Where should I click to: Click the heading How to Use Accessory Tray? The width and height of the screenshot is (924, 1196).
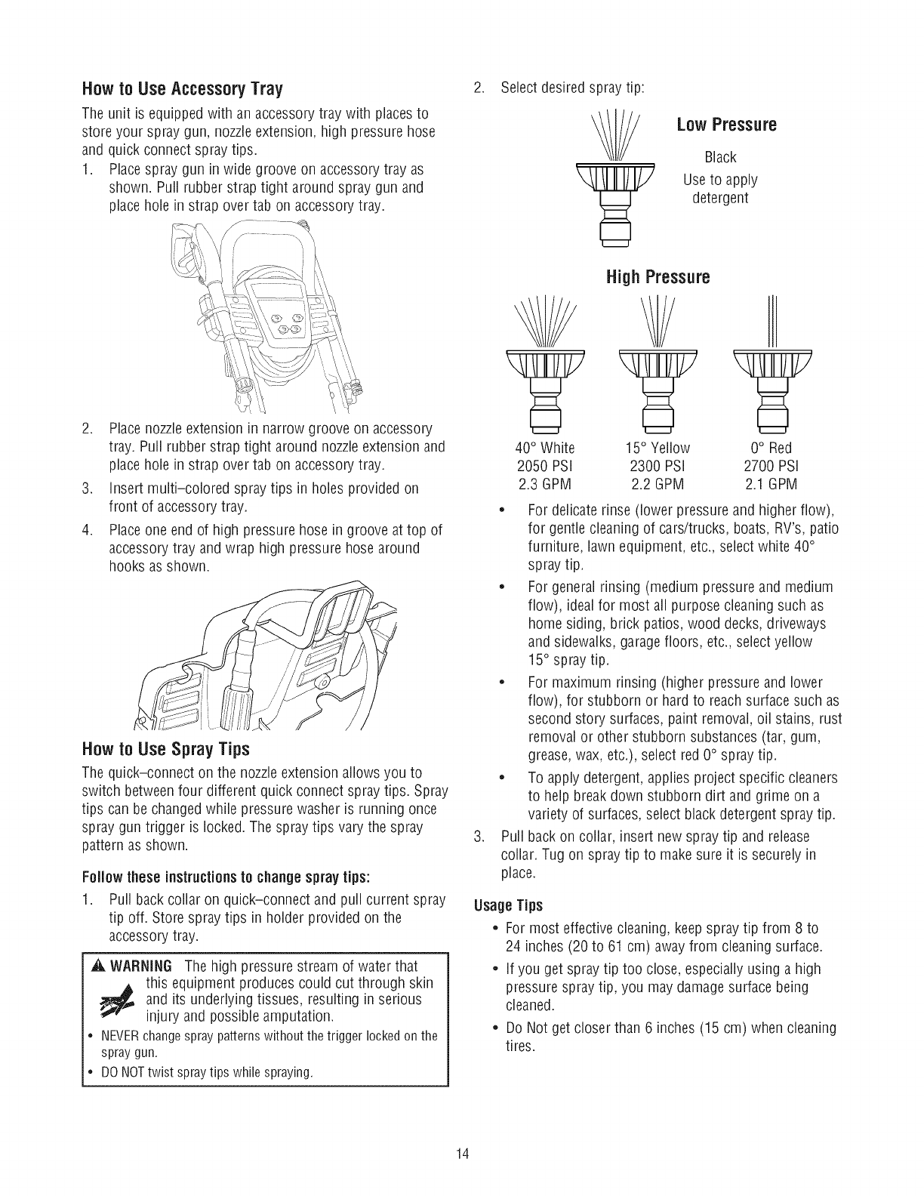(x=181, y=89)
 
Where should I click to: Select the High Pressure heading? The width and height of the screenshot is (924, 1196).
(x=658, y=277)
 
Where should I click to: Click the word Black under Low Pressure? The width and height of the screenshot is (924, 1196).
(x=719, y=158)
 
